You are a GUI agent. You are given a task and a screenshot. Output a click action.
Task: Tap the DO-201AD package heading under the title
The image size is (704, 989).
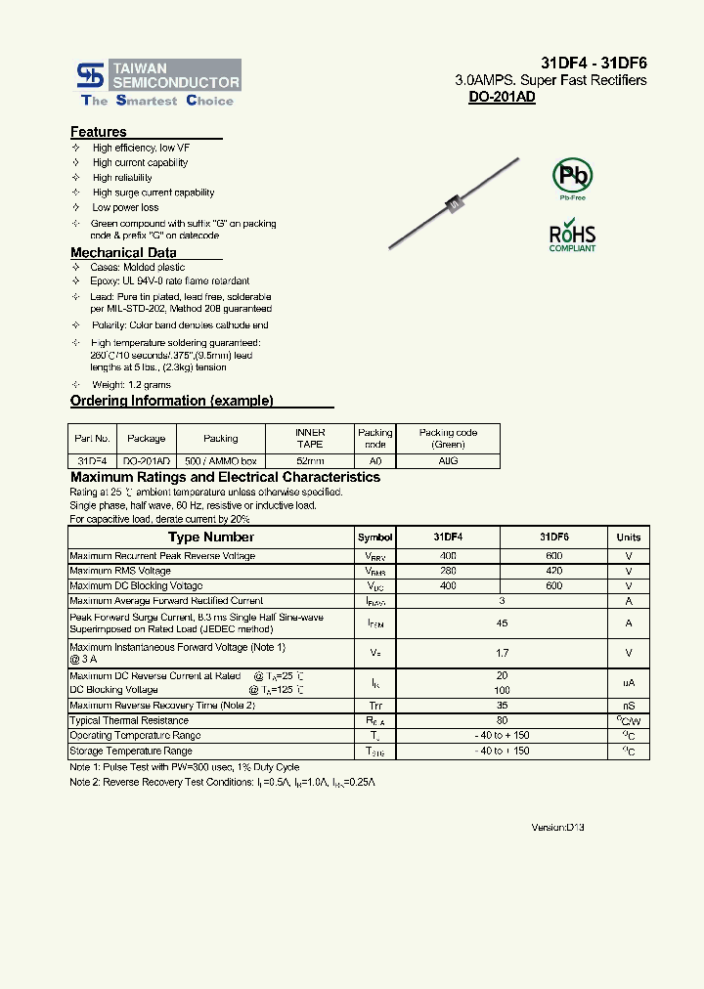tap(502, 97)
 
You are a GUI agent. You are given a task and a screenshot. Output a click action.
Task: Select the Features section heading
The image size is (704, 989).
tap(99, 132)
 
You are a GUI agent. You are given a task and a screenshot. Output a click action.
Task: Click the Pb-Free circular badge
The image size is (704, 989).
tap(573, 176)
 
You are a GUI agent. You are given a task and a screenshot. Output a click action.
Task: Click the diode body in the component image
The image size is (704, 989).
tap(453, 203)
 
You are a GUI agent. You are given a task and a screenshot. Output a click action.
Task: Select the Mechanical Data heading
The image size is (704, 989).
tap(123, 252)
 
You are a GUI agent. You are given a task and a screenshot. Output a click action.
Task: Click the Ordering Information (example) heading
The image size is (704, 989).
tap(172, 401)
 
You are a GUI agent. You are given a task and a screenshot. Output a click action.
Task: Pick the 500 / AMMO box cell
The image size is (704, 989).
tap(221, 460)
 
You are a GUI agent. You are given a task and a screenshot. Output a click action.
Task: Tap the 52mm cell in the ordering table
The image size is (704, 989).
tap(310, 460)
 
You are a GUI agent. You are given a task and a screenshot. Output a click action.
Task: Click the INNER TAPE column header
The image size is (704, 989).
tap(310, 438)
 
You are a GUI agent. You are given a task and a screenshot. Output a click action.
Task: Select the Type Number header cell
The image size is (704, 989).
tap(210, 537)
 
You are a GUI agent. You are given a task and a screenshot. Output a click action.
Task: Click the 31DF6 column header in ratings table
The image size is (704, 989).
tap(553, 537)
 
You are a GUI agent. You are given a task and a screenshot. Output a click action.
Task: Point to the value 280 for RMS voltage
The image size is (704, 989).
tap(448, 571)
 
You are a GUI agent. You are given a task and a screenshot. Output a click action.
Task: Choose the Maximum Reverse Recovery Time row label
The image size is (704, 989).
tap(162, 706)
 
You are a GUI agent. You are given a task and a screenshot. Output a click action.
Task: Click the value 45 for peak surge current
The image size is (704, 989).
tap(502, 623)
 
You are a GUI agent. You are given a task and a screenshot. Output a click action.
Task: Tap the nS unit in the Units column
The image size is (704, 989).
tap(629, 706)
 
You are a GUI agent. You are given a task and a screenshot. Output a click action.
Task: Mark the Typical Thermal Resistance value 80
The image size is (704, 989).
tap(502, 720)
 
